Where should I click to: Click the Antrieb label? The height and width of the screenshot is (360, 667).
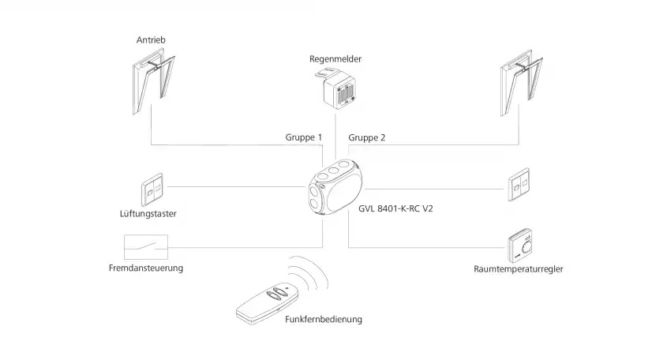152,39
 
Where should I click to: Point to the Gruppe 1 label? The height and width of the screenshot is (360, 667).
304,137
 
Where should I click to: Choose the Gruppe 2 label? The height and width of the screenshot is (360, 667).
367,137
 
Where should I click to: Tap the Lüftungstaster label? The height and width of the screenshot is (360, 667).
149,214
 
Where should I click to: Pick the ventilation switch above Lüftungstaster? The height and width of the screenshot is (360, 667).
152,188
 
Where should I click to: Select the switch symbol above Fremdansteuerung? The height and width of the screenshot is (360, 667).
147,247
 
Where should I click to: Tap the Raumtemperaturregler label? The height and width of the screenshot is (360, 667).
518,269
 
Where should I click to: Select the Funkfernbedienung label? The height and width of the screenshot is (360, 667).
324,319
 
